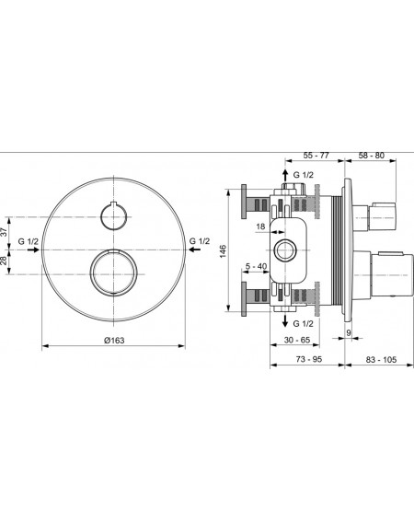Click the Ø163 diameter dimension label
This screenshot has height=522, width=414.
(x=114, y=341)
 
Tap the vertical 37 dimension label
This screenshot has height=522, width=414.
(x=3, y=231)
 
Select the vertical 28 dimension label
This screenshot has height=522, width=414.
(x=3, y=261)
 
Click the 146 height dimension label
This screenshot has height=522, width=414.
(x=223, y=251)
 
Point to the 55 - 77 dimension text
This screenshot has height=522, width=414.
(x=316, y=156)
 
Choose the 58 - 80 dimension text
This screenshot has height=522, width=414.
(x=371, y=156)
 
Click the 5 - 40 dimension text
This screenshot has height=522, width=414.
(x=256, y=266)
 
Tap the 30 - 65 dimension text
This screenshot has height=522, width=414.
(x=297, y=340)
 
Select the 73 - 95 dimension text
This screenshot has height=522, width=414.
(x=309, y=359)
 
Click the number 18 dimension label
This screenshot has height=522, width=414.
(x=260, y=226)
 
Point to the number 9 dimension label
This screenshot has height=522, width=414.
(x=349, y=332)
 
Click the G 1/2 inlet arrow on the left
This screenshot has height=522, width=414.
(x=33, y=249)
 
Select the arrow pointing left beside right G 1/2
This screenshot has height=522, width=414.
(x=195, y=249)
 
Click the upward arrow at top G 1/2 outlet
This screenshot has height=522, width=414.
(x=285, y=175)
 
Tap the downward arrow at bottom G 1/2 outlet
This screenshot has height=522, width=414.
(x=285, y=320)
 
